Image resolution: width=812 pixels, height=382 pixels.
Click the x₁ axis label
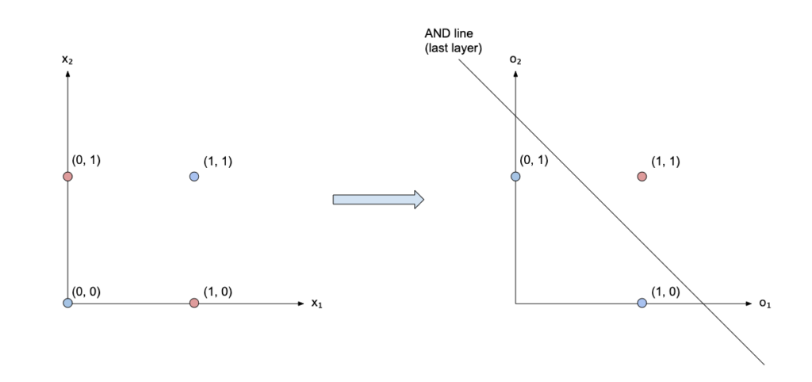pos(317,303)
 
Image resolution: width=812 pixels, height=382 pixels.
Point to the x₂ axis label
pos(67,59)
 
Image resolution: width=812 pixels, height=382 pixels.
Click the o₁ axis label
pos(765,304)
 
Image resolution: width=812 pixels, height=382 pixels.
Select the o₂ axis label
pos(515,59)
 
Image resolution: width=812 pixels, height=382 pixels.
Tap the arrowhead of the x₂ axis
pos(67,74)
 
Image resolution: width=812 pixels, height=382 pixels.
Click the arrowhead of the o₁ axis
pos(748,304)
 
